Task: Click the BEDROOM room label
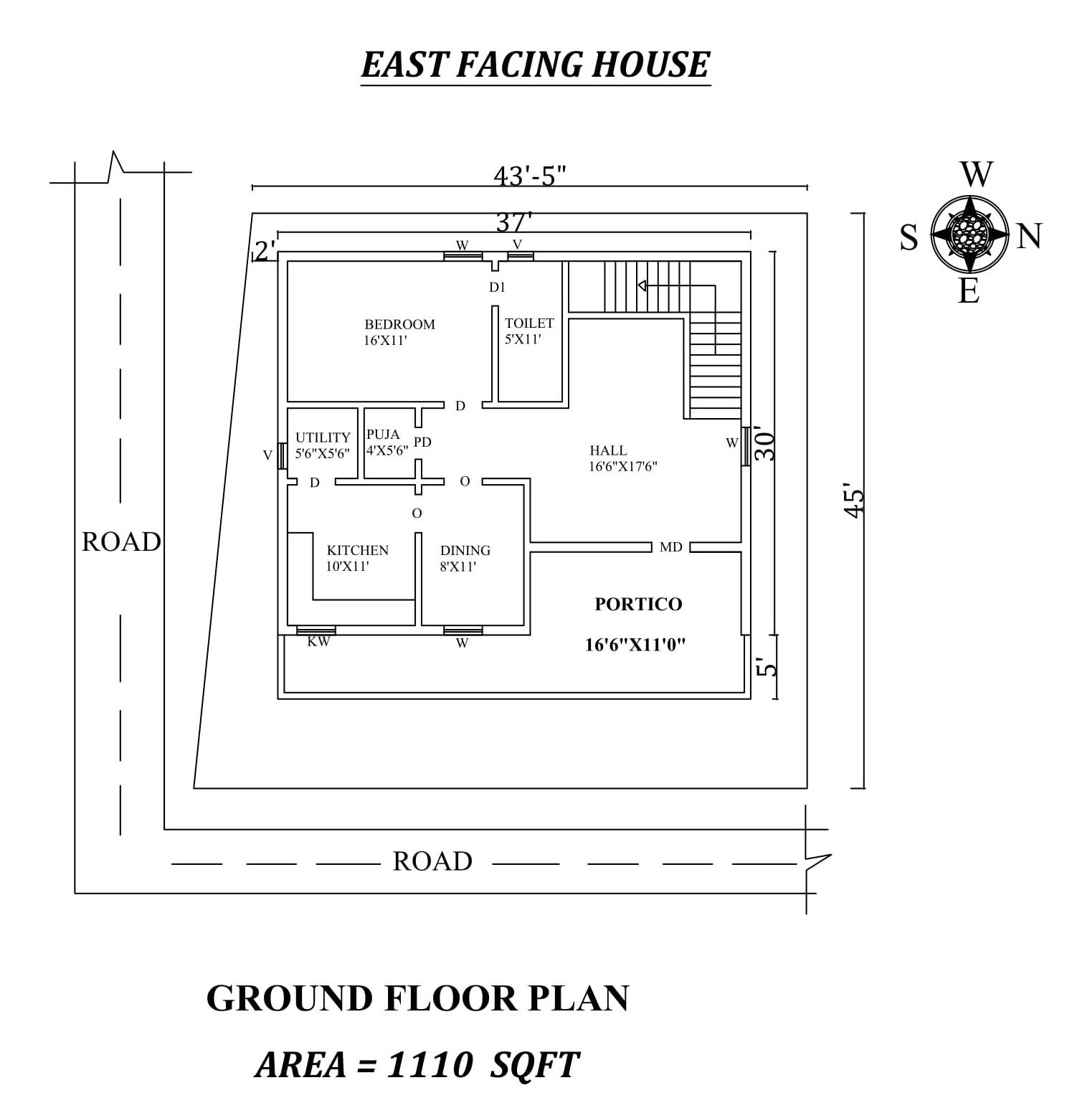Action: tap(399, 325)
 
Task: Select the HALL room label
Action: tap(608, 450)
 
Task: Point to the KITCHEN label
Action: tap(357, 550)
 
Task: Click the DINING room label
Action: tap(465, 550)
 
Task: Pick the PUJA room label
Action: tap(383, 435)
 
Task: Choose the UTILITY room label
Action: tap(323, 437)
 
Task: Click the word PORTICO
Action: tap(638, 604)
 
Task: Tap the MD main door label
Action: tap(670, 547)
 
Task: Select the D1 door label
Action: tap(497, 288)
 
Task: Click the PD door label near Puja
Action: tap(422, 442)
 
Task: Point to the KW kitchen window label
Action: tap(318, 642)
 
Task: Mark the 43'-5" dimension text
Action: tap(529, 175)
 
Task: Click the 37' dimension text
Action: tap(513, 222)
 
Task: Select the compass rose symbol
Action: tap(969, 233)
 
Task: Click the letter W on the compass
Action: tap(976, 175)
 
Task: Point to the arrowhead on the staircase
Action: tap(642, 285)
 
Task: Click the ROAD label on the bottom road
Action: tap(432, 861)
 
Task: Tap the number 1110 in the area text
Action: tap(429, 1064)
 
